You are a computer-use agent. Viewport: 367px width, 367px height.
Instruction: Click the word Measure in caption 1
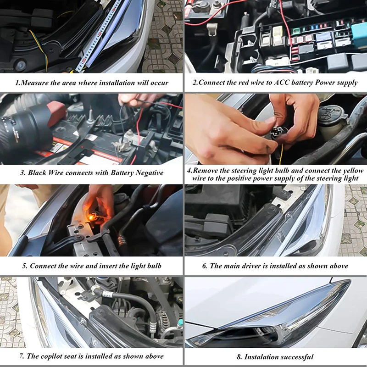click(35, 83)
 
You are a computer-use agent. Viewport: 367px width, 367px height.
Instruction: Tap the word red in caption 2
click(243, 83)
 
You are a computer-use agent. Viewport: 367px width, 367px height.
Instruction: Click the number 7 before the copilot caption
click(22, 356)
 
